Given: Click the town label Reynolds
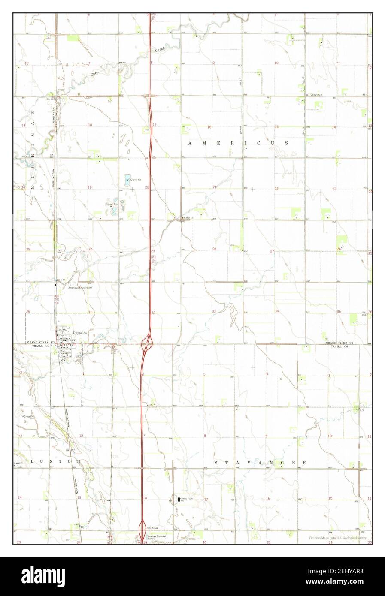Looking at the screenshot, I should (80, 333).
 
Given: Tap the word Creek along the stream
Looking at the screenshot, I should (160, 50).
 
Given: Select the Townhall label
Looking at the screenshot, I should (317, 94).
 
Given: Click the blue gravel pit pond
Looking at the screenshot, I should (127, 179).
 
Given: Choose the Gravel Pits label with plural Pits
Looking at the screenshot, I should (112, 204).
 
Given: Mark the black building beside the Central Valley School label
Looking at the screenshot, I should (179, 499).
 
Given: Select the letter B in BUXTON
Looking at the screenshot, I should (32, 461).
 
